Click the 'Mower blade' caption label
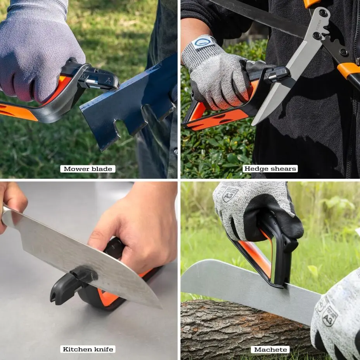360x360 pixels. coord(88,169)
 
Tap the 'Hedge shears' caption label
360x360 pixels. coord(270,168)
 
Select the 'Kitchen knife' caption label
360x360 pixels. coord(88,349)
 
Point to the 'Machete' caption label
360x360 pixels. coord(270,350)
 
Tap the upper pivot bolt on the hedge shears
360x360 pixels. coord(323,13)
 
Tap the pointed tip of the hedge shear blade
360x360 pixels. coord(254,123)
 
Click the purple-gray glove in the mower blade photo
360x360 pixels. coord(39,50)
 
